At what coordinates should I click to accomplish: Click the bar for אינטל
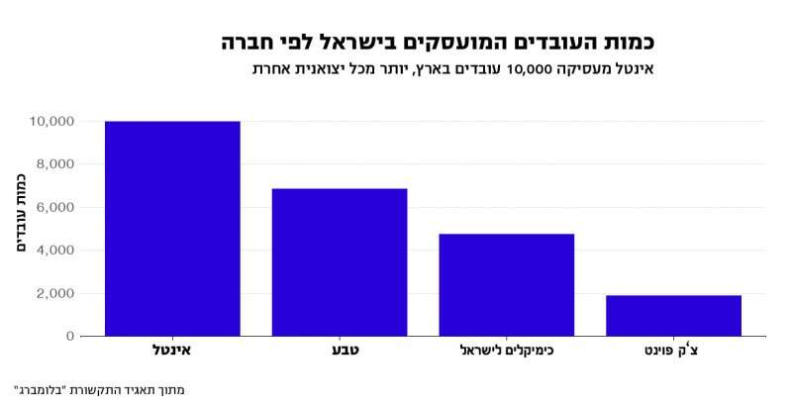point(172,229)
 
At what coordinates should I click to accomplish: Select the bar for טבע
point(340,262)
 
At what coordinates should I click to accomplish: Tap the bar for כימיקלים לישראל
point(507,285)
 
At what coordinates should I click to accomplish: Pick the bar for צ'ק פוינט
point(673,316)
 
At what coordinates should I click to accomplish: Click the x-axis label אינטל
point(172,351)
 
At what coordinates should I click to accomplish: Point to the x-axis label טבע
point(340,351)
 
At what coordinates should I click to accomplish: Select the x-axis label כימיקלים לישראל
point(507,351)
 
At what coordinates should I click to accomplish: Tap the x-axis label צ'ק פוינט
point(673,351)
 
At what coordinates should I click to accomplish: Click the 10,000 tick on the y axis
point(52,122)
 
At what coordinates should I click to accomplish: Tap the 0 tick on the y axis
point(69,337)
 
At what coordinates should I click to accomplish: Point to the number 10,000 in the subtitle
point(533,70)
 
